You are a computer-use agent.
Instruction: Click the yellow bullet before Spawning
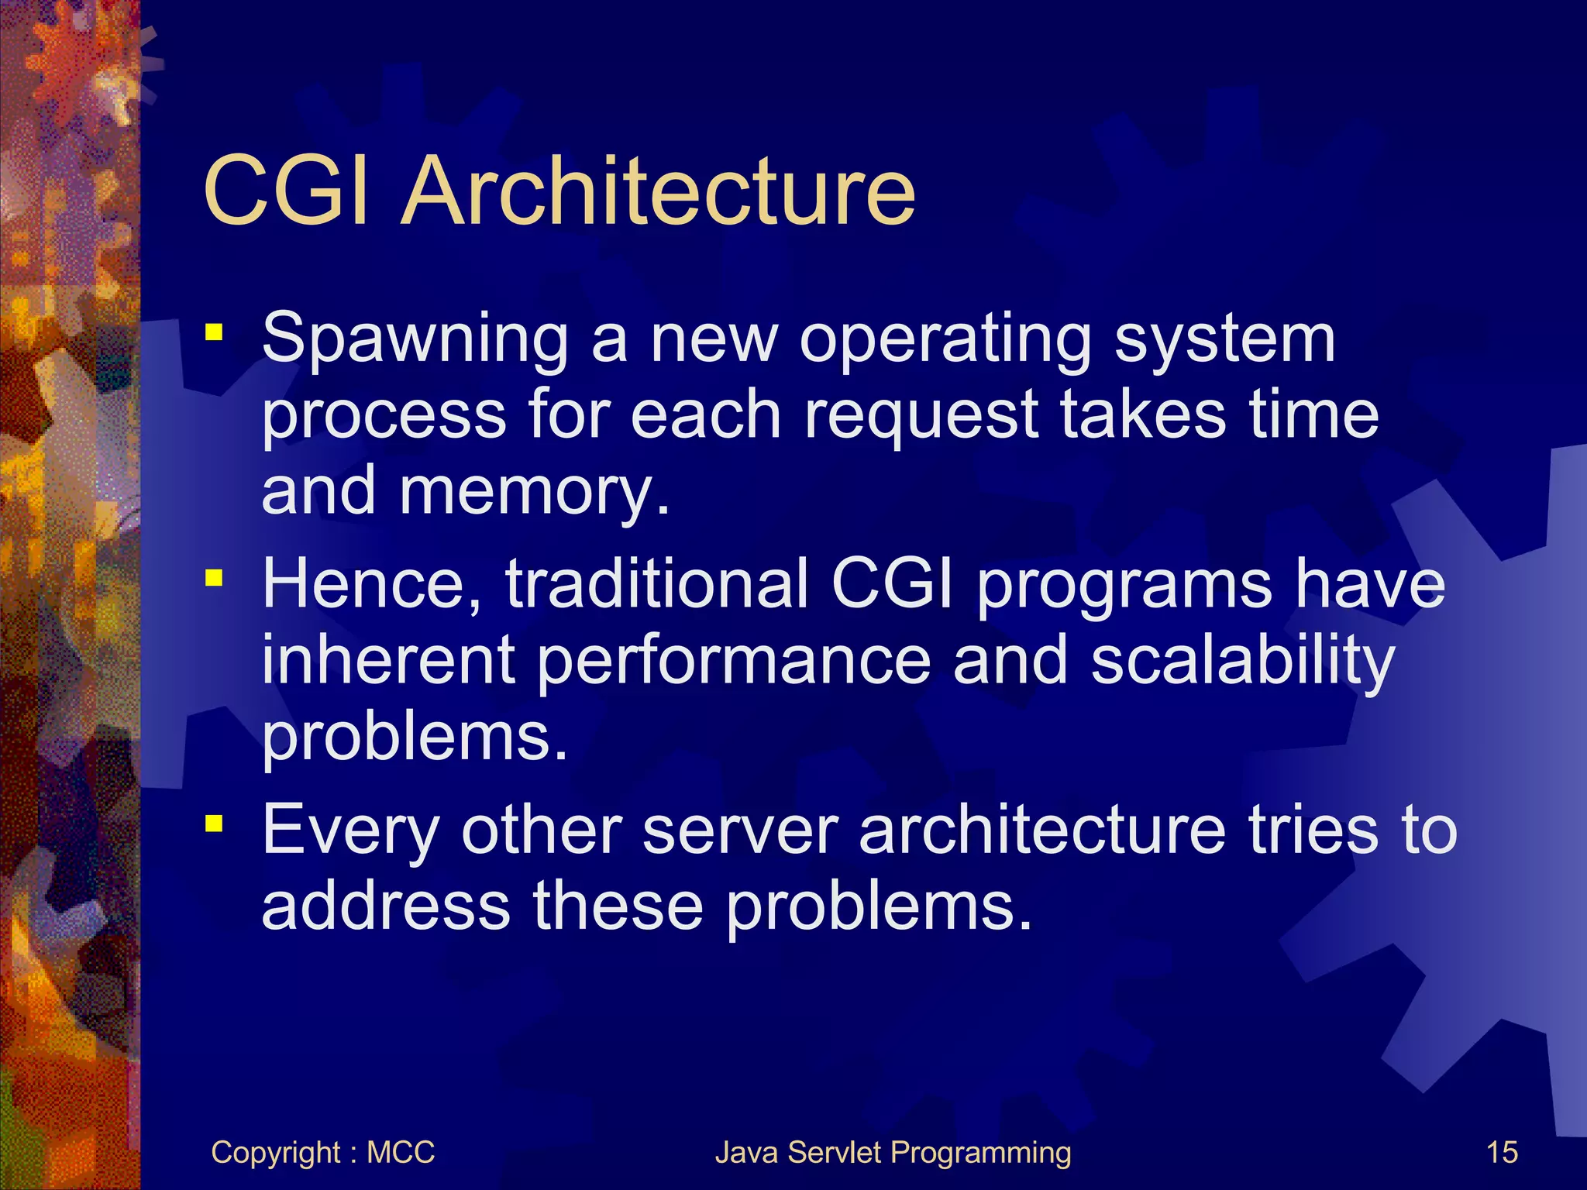214,333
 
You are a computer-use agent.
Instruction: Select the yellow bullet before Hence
214,578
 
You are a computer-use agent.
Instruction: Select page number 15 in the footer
1502,1153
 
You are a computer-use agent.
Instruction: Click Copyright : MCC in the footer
322,1153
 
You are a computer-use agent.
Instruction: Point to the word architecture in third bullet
1042,831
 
